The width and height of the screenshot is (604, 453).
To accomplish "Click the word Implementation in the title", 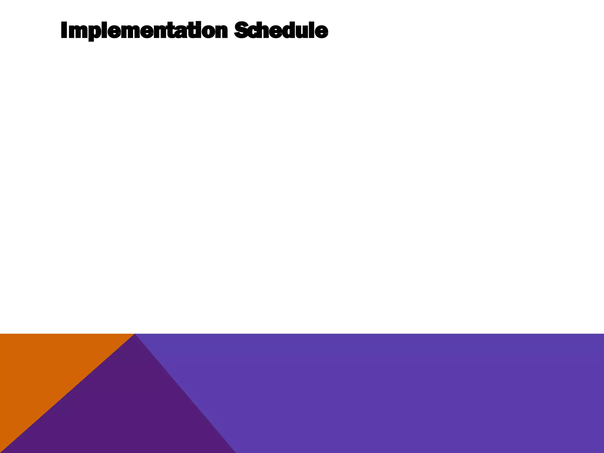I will tap(144, 31).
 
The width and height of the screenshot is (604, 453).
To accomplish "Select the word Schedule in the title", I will tap(281, 30).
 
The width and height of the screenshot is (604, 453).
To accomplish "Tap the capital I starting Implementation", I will tap(64, 30).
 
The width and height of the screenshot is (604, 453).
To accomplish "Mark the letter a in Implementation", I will tap(182, 32).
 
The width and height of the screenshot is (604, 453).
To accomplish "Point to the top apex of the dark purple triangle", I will tap(134, 335).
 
